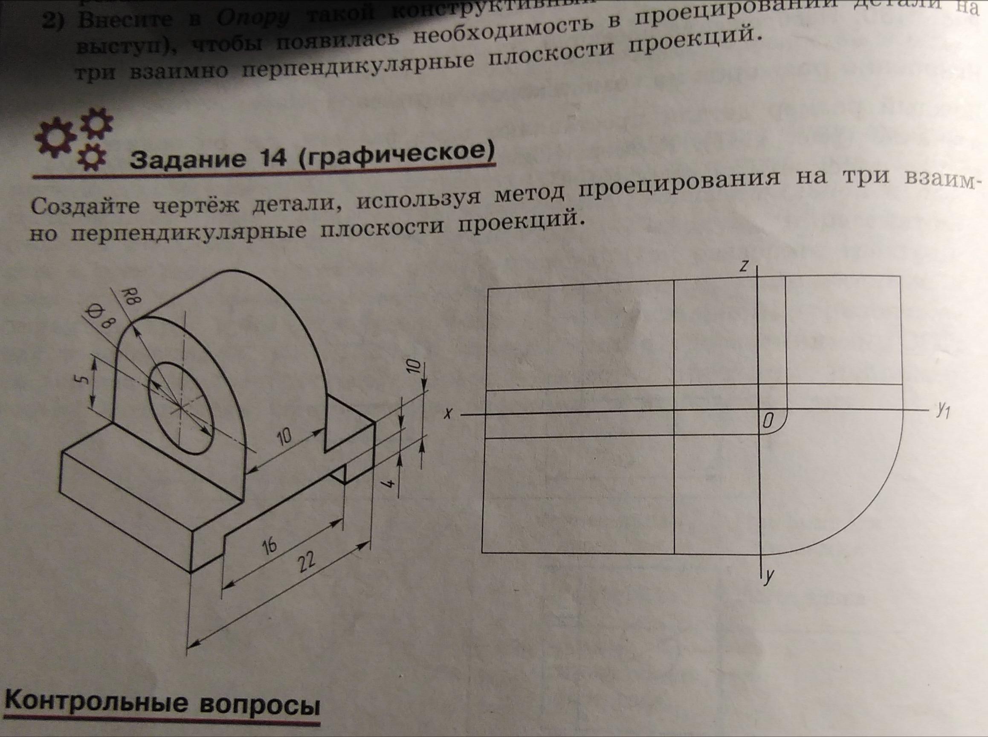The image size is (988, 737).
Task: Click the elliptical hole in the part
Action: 180,408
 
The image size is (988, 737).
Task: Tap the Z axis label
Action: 743,266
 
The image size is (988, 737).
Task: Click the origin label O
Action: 768,421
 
